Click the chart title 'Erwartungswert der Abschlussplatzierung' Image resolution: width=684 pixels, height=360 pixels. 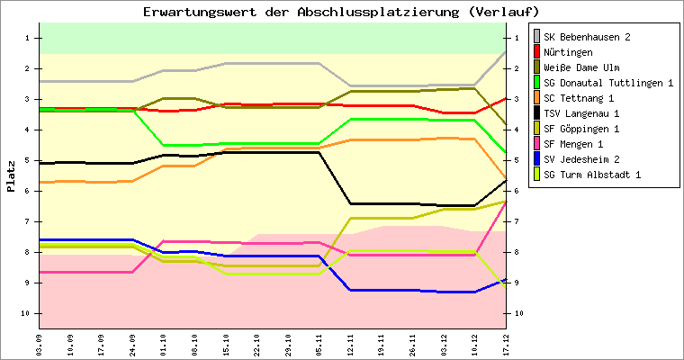coord(341,12)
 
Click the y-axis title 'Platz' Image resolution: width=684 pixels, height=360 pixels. coord(11,176)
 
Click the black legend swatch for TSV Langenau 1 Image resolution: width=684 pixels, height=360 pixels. coord(537,113)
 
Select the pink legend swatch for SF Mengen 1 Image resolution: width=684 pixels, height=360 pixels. coord(537,144)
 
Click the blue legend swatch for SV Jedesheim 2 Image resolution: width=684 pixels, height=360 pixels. coord(537,159)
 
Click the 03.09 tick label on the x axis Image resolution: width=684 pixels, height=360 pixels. coord(40,343)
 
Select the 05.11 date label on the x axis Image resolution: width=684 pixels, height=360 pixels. coord(319,343)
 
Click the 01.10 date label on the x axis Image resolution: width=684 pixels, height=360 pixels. coord(164,343)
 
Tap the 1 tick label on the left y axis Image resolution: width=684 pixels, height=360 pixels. coord(29,38)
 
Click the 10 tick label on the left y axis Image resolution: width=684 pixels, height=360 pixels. coord(27,313)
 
